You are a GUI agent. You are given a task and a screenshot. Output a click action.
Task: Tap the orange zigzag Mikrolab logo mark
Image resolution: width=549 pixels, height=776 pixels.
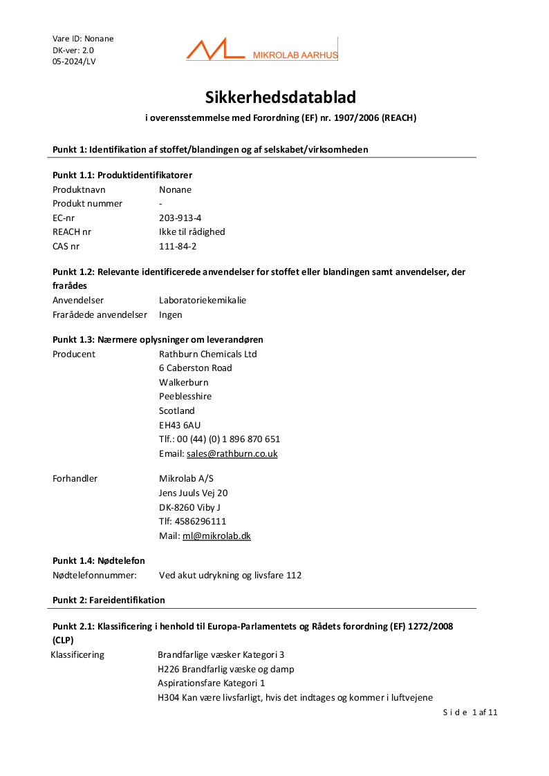click(x=214, y=50)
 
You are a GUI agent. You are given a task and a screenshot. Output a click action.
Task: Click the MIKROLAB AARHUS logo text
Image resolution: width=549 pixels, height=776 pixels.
click(x=295, y=55)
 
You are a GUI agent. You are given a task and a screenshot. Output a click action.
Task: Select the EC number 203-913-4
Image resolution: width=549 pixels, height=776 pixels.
click(x=180, y=218)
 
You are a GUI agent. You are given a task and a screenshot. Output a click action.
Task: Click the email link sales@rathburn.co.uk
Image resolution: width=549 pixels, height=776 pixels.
click(x=232, y=454)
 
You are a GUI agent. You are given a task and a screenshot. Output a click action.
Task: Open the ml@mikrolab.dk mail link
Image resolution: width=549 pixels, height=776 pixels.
click(x=216, y=536)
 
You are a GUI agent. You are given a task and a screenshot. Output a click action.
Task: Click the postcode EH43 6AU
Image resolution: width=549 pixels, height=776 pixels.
click(x=180, y=425)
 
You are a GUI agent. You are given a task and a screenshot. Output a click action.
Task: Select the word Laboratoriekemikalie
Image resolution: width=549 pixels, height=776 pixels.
click(x=203, y=301)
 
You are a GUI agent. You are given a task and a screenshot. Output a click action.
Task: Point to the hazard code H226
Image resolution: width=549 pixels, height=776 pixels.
click(x=168, y=669)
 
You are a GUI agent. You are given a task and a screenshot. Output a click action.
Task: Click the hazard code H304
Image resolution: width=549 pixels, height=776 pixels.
click(x=168, y=698)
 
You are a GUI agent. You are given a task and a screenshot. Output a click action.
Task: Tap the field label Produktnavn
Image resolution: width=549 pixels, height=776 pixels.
click(x=79, y=189)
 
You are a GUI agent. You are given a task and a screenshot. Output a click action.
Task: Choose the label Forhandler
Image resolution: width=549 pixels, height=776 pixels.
click(x=75, y=478)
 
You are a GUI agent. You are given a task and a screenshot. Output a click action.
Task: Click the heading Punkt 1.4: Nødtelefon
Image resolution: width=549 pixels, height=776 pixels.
click(x=99, y=560)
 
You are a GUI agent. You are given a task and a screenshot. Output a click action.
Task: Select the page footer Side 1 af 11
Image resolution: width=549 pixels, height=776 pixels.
click(x=470, y=712)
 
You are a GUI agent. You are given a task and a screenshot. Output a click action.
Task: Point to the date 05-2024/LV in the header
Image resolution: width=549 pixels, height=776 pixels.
click(x=74, y=61)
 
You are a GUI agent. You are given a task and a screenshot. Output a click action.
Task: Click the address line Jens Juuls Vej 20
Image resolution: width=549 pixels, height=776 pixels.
click(x=194, y=493)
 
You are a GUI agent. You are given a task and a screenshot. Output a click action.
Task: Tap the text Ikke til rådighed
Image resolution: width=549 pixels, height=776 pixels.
click(x=192, y=232)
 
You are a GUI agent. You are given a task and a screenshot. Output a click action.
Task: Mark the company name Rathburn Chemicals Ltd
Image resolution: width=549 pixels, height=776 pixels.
click(x=208, y=354)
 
